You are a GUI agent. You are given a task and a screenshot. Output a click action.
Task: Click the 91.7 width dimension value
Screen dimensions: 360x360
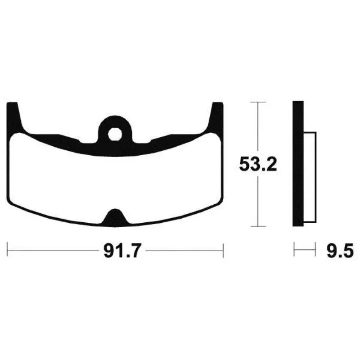[x=121, y=251]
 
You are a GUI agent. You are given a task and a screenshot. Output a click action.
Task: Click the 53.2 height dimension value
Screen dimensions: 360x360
[x=258, y=164]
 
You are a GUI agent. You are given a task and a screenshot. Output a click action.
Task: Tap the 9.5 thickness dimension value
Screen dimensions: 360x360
[x=340, y=251]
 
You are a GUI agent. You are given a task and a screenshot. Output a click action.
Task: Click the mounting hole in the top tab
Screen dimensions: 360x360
[x=115, y=134]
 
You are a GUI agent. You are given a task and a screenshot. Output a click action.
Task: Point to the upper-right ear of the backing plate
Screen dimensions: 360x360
[x=216, y=117]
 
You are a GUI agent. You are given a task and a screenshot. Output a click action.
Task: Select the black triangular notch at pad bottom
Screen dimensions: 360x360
[x=115, y=216]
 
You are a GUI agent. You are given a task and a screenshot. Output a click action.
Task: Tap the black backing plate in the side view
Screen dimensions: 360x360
[x=298, y=164]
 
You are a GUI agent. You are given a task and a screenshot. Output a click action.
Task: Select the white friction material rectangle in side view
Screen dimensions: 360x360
[x=310, y=177]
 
